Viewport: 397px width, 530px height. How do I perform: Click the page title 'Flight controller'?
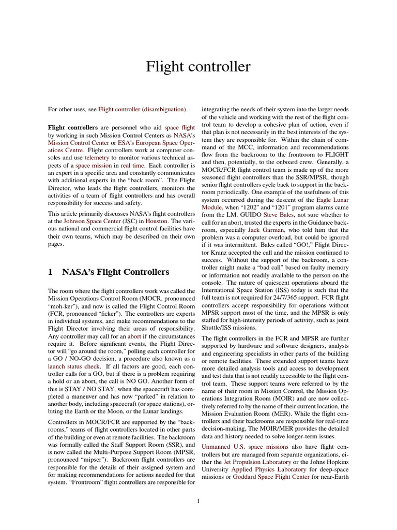point(198,67)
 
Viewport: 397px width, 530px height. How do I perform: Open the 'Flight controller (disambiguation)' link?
point(143,109)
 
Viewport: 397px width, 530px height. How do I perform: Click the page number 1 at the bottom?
point(198,500)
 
